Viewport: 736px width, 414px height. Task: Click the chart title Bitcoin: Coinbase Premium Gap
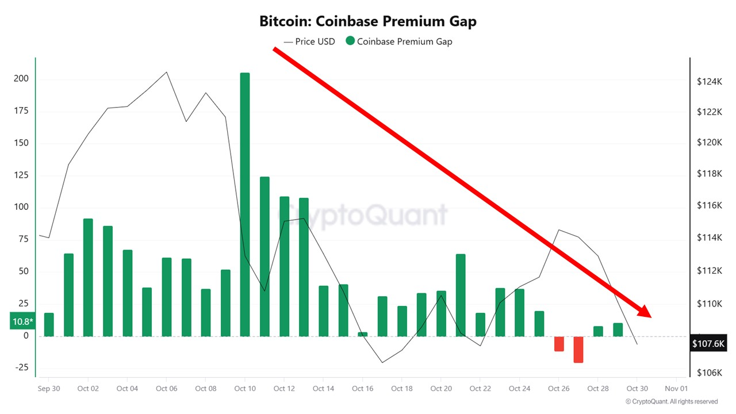368,22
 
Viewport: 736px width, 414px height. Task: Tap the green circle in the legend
350,41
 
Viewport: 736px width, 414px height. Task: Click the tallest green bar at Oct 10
245,204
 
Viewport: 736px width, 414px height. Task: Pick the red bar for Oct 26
559,343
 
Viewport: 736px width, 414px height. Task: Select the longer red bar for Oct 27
578,349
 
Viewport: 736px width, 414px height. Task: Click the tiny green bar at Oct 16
362,334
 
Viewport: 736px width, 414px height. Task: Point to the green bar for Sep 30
49,324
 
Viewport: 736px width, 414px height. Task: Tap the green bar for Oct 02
88,277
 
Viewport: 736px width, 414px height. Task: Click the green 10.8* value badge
22,321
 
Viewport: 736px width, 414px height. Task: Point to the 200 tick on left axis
21,79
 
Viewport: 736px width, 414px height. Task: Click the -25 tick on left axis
21,368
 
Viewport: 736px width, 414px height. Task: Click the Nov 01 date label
676,389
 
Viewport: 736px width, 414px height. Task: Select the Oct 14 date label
323,389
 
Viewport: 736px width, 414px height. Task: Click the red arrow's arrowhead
644,312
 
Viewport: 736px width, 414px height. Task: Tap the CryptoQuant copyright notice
671,402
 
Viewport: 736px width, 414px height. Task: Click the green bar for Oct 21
461,295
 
